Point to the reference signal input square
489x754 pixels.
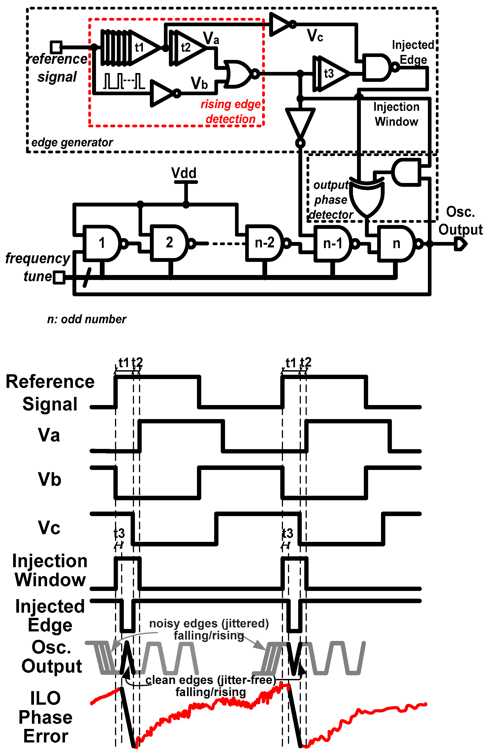coord(56,47)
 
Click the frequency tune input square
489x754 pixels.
coord(59,277)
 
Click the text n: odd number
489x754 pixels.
coord(86,319)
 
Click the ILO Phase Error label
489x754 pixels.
coord(45,717)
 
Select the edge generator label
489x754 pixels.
coord(72,142)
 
